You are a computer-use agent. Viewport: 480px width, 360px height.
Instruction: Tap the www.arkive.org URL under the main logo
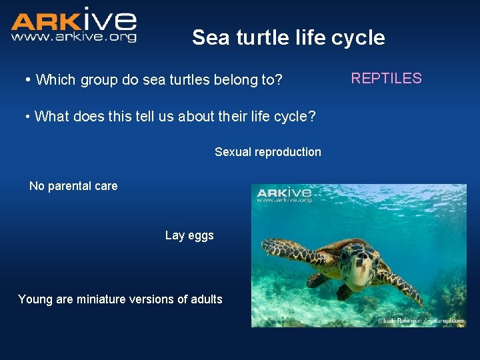click(x=73, y=37)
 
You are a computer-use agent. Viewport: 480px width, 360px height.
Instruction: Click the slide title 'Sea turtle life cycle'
click(x=288, y=37)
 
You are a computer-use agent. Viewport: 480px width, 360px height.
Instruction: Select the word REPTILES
click(x=386, y=79)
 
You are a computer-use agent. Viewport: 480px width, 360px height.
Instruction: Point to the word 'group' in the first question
click(x=98, y=80)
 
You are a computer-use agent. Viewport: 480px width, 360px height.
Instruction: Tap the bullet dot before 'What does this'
click(x=27, y=117)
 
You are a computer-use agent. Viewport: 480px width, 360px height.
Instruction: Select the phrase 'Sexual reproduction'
click(x=267, y=152)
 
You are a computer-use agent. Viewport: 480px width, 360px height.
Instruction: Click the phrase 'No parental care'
click(x=73, y=186)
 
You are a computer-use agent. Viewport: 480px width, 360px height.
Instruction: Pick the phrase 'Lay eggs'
click(x=189, y=235)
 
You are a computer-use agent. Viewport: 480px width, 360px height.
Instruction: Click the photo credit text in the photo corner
click(x=420, y=321)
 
